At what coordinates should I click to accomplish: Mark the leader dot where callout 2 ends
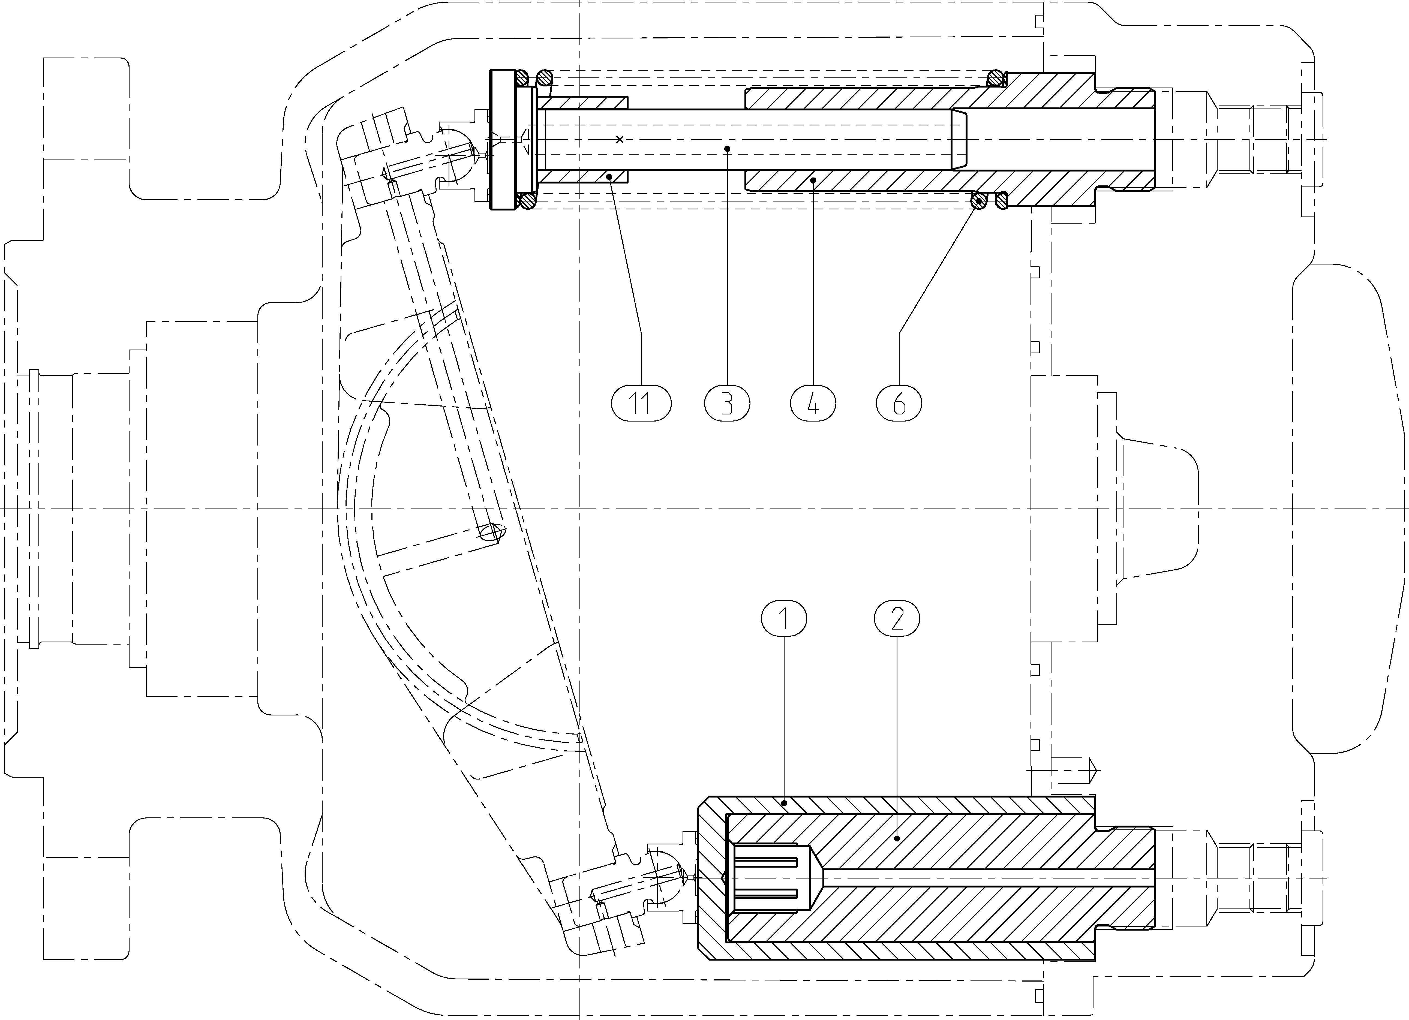coord(896,839)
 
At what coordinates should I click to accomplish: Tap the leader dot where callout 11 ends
coord(611,177)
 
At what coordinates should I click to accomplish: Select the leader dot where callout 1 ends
coord(785,803)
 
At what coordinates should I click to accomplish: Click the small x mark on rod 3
coord(619,139)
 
